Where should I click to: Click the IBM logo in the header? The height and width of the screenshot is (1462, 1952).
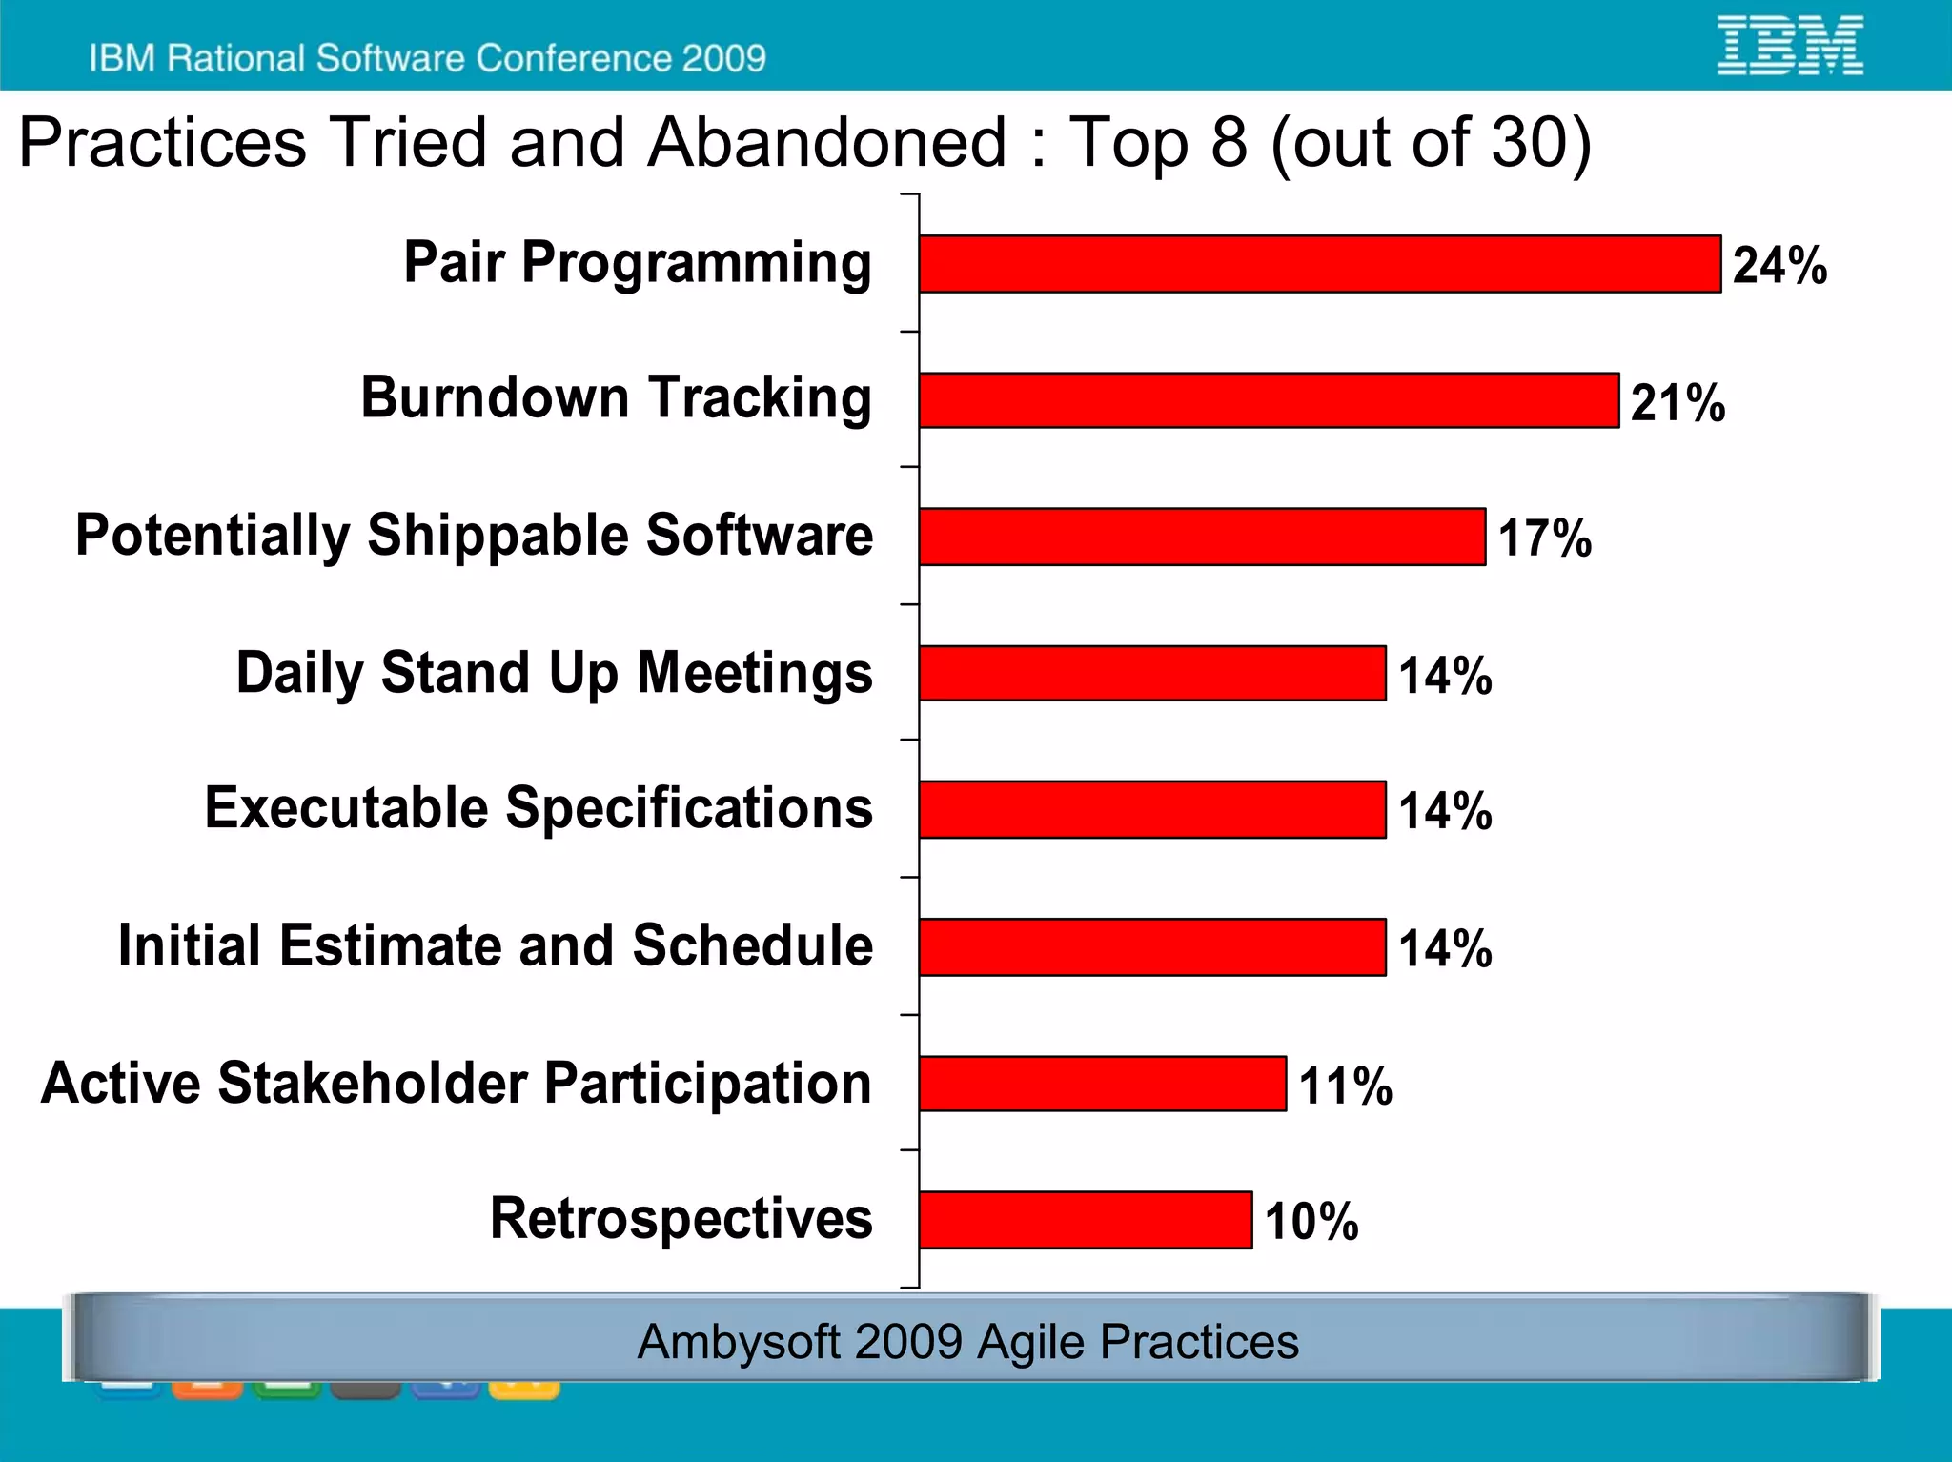[1790, 45]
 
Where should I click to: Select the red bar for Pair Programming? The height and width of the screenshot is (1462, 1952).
[1320, 264]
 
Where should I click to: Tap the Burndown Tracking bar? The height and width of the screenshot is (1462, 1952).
[1269, 400]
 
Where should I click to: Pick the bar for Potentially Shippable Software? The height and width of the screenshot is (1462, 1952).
[1202, 537]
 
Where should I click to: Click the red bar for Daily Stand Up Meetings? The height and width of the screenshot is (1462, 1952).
[1152, 673]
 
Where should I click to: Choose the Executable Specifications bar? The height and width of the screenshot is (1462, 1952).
[1152, 809]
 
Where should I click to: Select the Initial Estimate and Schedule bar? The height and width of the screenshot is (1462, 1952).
[1152, 946]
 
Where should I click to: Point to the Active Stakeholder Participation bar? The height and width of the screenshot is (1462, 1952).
[1103, 1084]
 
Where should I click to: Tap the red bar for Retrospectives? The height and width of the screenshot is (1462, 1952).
[1086, 1220]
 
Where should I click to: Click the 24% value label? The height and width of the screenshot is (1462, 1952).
[1779, 265]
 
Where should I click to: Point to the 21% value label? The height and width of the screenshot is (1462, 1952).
[1677, 402]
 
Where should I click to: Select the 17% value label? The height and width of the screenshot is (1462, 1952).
[1544, 538]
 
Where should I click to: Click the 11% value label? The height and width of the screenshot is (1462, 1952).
[1345, 1086]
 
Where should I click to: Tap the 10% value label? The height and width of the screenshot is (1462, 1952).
[1311, 1222]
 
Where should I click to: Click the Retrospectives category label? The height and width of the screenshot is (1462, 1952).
[681, 1218]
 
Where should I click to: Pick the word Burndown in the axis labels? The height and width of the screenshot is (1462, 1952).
[495, 397]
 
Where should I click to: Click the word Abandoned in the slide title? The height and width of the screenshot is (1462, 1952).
[826, 143]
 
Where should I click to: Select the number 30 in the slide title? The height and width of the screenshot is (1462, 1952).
[1526, 143]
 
